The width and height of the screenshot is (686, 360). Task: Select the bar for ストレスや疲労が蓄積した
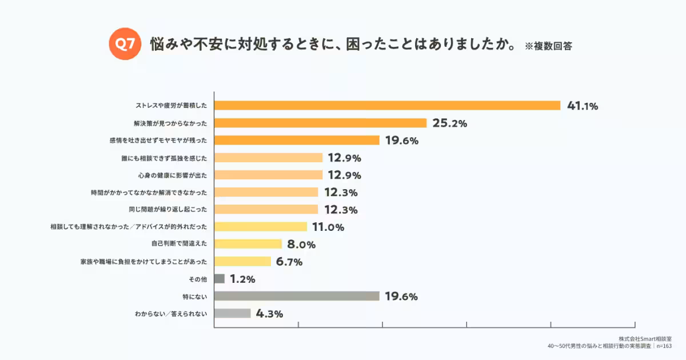tap(387, 106)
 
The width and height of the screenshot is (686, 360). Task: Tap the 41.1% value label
tap(582, 106)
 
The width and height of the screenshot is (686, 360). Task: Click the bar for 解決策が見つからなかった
tap(320, 123)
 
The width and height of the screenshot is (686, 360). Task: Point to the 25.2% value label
tap(450, 123)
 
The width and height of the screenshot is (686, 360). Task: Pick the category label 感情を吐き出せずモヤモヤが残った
tap(158, 141)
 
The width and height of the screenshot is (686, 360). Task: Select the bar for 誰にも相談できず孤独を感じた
tap(269, 158)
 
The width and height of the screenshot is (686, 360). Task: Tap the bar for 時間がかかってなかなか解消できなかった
tap(266, 192)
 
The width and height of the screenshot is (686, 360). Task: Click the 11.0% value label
tap(328, 227)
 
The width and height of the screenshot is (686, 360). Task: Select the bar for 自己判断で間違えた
tap(248, 244)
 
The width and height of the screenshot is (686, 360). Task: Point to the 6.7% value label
tap(289, 262)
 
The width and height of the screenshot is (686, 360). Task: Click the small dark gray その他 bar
tap(220, 279)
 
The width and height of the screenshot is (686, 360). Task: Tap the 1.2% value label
tap(242, 279)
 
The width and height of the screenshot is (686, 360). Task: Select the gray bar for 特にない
tap(297, 296)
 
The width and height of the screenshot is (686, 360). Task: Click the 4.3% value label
tap(269, 314)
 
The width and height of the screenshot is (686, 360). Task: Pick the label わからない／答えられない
tap(171, 314)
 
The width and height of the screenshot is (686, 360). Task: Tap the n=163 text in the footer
tap(664, 346)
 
